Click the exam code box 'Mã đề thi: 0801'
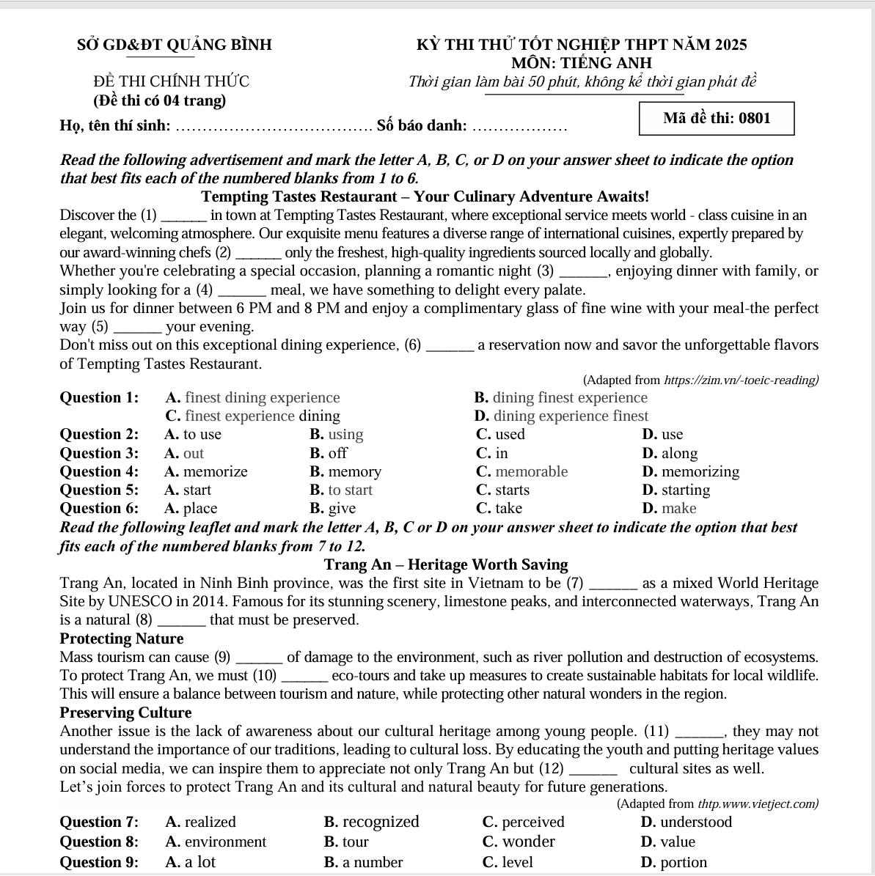(x=717, y=119)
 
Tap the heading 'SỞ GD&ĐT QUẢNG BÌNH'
(x=175, y=45)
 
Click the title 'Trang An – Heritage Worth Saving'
(x=446, y=564)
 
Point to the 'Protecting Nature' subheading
(x=122, y=638)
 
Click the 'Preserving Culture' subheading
(x=125, y=713)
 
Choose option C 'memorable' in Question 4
(x=522, y=471)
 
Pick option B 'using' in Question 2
(x=337, y=434)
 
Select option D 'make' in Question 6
(x=669, y=508)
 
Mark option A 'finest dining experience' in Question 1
(x=253, y=397)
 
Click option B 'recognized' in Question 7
(x=372, y=822)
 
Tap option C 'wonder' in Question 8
(x=519, y=842)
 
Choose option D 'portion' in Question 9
(x=674, y=862)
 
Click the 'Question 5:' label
(x=99, y=490)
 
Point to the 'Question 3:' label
(x=99, y=453)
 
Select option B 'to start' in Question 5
(x=341, y=490)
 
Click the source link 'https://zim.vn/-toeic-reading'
(x=741, y=380)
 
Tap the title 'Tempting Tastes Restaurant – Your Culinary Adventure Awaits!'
(x=425, y=196)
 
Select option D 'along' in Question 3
(x=670, y=453)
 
